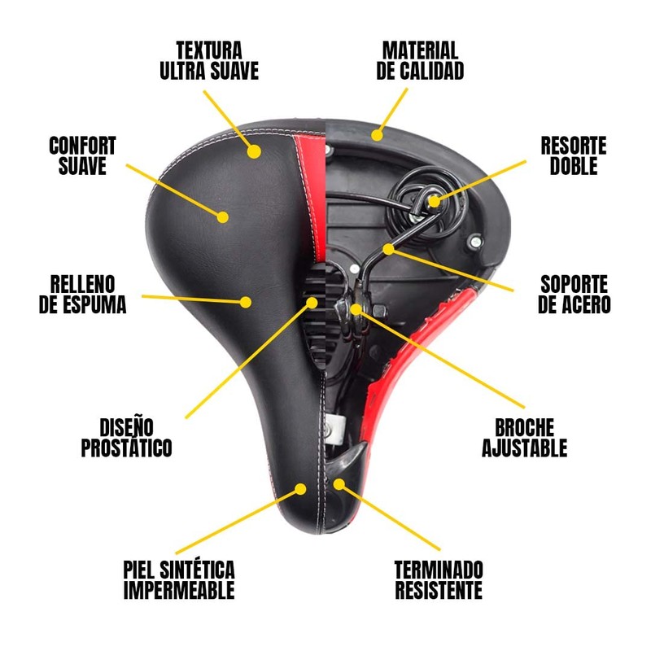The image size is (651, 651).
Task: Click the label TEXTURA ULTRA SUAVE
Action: pyautogui.click(x=209, y=61)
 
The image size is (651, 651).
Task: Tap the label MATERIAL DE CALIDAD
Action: pyautogui.click(x=420, y=61)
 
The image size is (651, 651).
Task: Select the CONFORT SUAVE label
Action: pyautogui.click(x=82, y=156)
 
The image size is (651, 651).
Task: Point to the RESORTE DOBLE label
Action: pyautogui.click(x=574, y=156)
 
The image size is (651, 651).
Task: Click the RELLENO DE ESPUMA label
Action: pyautogui.click(x=89, y=295)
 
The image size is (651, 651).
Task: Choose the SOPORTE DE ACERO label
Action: pyautogui.click(x=575, y=295)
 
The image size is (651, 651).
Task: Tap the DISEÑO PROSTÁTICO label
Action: pyautogui.click(x=126, y=438)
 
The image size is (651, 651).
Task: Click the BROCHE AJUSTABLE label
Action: pyautogui.click(x=524, y=438)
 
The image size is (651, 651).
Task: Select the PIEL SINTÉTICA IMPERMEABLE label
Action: pyautogui.click(x=179, y=579)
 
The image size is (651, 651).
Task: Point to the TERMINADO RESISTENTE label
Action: pyautogui.click(x=439, y=579)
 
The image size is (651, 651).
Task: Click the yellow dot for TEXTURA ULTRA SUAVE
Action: pyautogui.click(x=255, y=151)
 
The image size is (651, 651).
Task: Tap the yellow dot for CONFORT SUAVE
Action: pyautogui.click(x=222, y=216)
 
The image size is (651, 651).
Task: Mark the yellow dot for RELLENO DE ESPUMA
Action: pyautogui.click(x=245, y=301)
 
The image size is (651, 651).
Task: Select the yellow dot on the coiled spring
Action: pyautogui.click(x=434, y=200)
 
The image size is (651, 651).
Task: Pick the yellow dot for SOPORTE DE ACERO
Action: pyautogui.click(x=390, y=248)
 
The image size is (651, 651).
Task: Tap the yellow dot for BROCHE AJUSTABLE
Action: pyautogui.click(x=356, y=309)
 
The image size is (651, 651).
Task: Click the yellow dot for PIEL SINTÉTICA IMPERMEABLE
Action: pyautogui.click(x=302, y=489)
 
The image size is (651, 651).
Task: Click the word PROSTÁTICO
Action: pyautogui.click(x=126, y=448)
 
